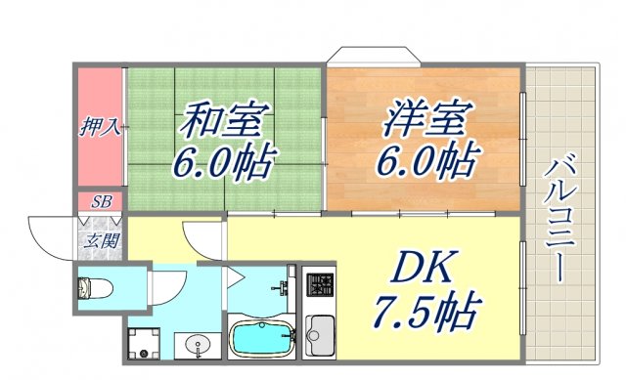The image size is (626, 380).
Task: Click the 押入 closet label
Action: (99, 126)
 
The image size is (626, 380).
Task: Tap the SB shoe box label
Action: (101, 202)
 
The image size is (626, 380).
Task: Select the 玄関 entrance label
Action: (101, 240)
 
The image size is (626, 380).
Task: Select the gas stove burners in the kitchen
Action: (320, 285)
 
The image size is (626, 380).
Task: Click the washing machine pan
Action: (148, 342)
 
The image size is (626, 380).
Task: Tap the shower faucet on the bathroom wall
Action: (284, 289)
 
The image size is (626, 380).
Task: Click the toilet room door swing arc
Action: (161, 283)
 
